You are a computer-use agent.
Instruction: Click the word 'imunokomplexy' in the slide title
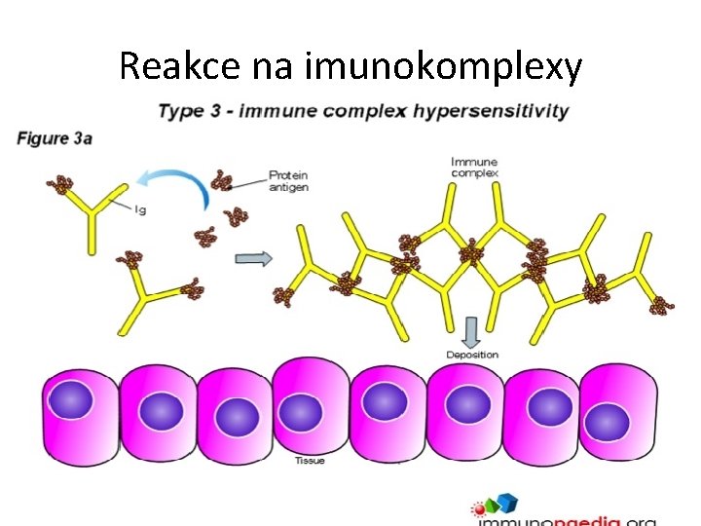pos(444,67)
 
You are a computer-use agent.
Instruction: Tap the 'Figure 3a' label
pos(55,138)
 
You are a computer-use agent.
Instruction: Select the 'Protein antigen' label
pos(288,181)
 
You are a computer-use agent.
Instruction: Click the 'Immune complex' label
pos(474,168)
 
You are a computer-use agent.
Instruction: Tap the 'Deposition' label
pos(472,355)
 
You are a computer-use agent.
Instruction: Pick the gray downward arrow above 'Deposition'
pos(472,331)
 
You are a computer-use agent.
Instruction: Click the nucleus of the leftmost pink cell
pos(71,400)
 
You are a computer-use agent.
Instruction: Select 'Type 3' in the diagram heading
pos(182,110)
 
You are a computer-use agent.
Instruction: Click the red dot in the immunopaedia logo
pos(478,507)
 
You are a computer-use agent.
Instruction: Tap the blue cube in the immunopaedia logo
pos(507,503)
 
